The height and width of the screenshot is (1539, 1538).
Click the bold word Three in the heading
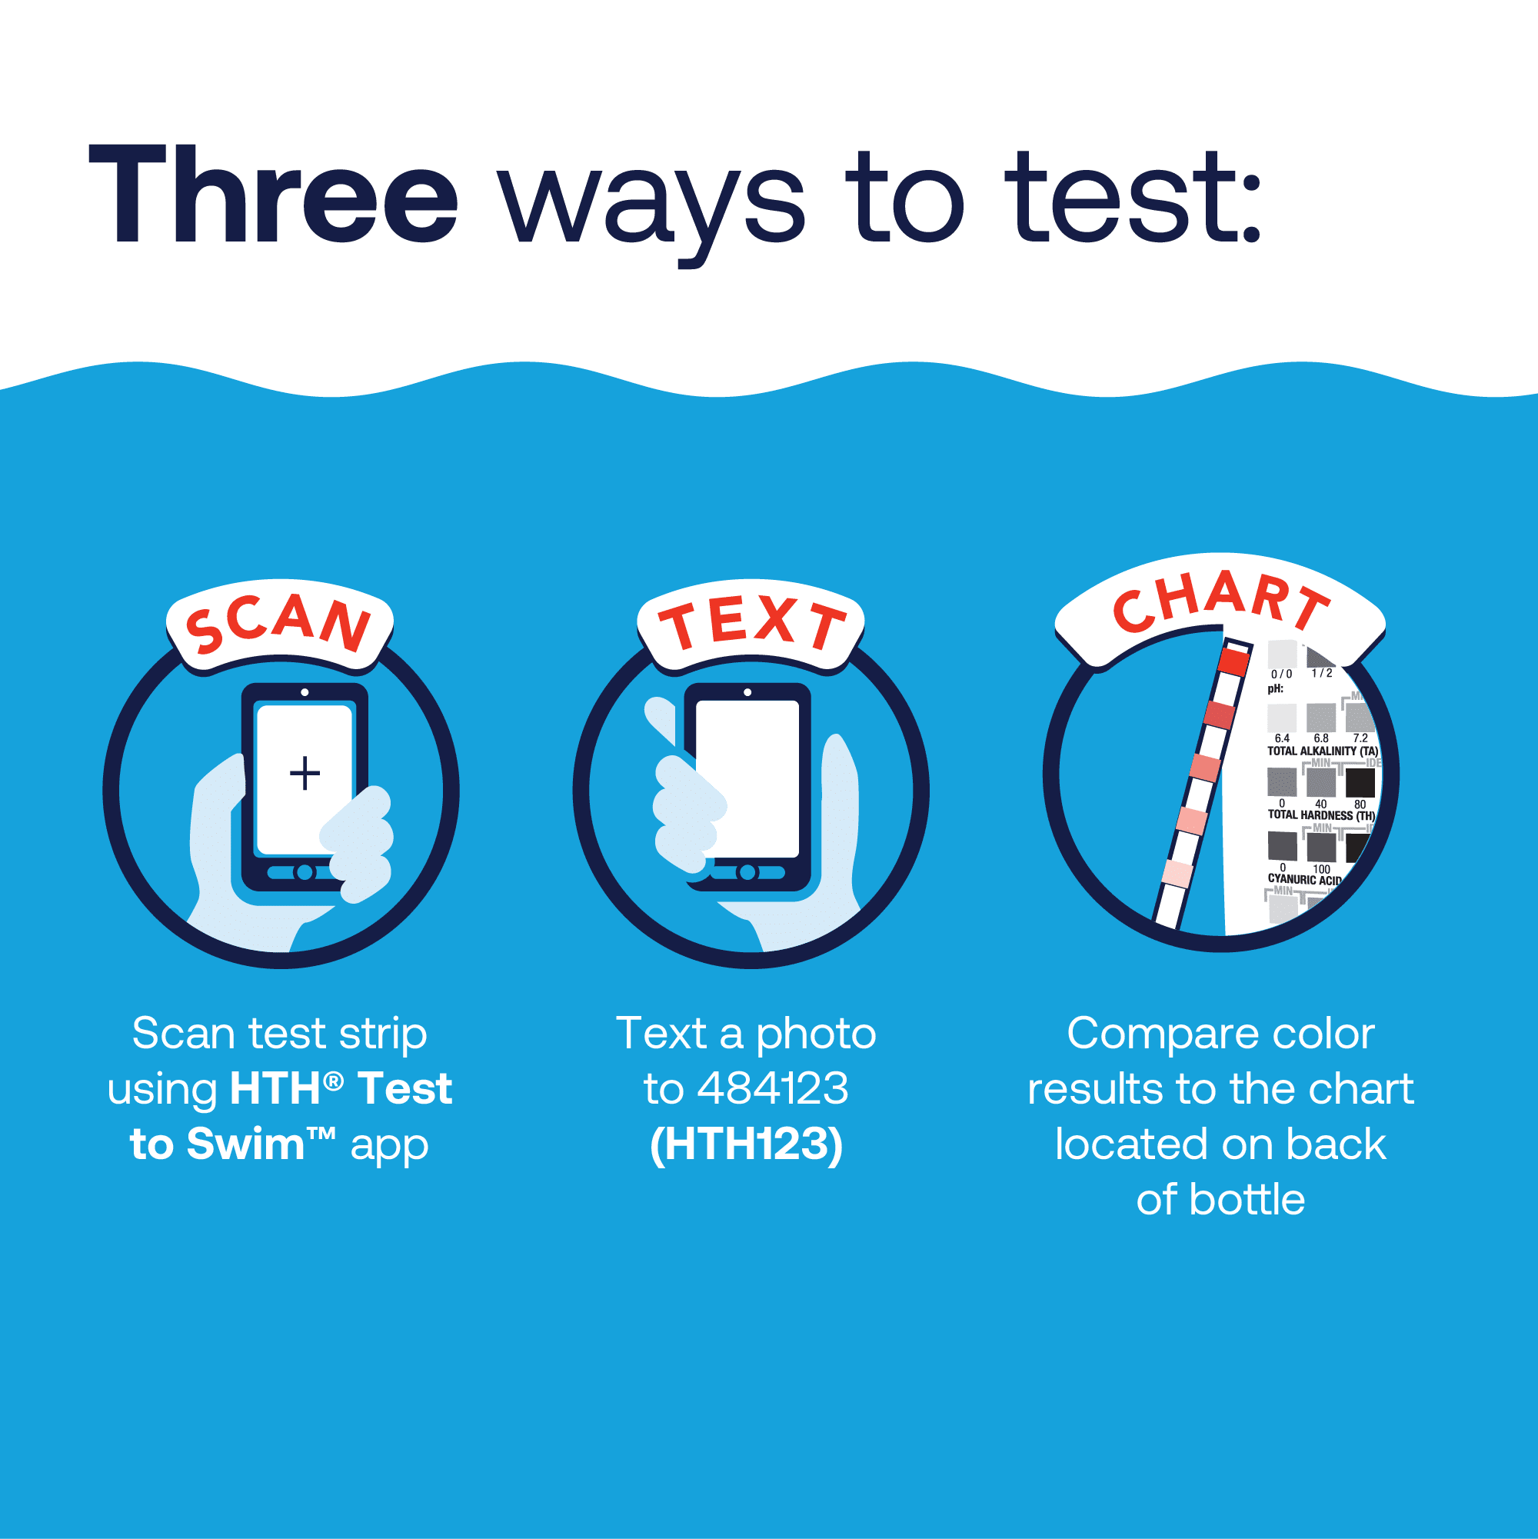point(272,195)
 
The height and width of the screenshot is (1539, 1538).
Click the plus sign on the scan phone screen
point(305,773)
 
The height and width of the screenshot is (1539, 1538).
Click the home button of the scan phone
point(304,872)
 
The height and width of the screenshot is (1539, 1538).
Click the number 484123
point(772,1088)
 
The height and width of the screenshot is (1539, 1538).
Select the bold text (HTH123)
point(746,1144)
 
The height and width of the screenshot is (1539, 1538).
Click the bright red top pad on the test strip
point(1233,662)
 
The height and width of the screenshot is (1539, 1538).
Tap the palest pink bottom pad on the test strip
point(1176,874)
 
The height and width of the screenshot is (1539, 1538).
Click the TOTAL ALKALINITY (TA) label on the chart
point(1322,751)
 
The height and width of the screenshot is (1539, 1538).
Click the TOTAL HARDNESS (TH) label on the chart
point(1320,815)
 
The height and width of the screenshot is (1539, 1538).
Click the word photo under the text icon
point(816,1034)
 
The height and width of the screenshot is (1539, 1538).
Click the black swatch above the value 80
point(1360,783)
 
